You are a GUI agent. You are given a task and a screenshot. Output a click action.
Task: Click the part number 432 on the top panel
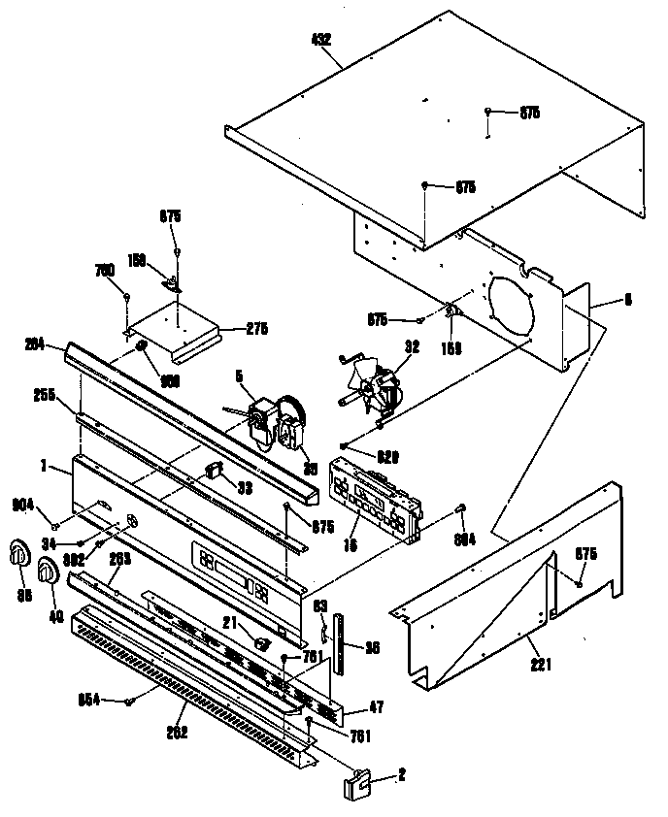click(x=321, y=41)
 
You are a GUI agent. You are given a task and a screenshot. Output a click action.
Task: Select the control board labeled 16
click(x=373, y=498)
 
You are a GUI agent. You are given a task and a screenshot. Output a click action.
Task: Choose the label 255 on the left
click(x=43, y=395)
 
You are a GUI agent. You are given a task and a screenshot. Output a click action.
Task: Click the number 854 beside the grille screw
click(x=90, y=700)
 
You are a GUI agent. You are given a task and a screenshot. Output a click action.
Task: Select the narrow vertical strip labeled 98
click(x=339, y=643)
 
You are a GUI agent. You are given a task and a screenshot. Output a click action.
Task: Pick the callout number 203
click(x=119, y=559)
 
